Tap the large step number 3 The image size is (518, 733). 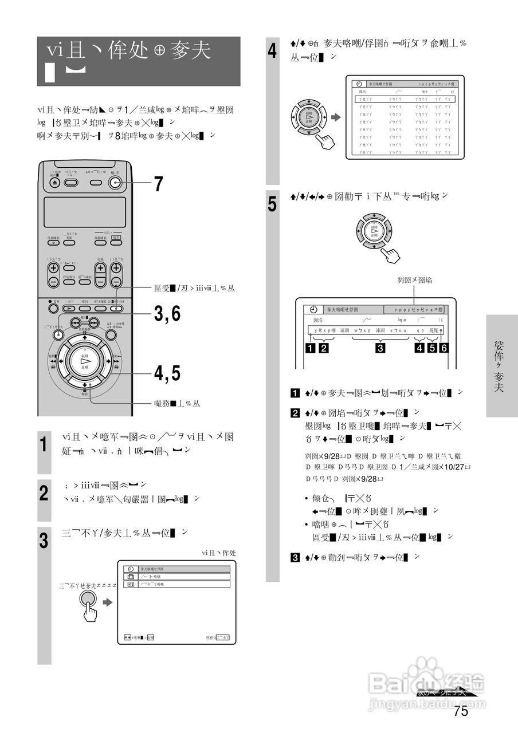(x=44, y=541)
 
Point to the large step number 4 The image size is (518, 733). (x=273, y=53)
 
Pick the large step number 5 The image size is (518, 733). (x=273, y=204)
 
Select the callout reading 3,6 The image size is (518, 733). (x=167, y=314)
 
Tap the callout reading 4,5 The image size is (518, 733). (x=167, y=373)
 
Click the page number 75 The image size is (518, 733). (x=461, y=711)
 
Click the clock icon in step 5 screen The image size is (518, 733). (x=313, y=309)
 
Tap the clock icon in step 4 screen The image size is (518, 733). (x=359, y=84)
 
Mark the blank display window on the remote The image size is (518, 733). (x=85, y=212)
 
